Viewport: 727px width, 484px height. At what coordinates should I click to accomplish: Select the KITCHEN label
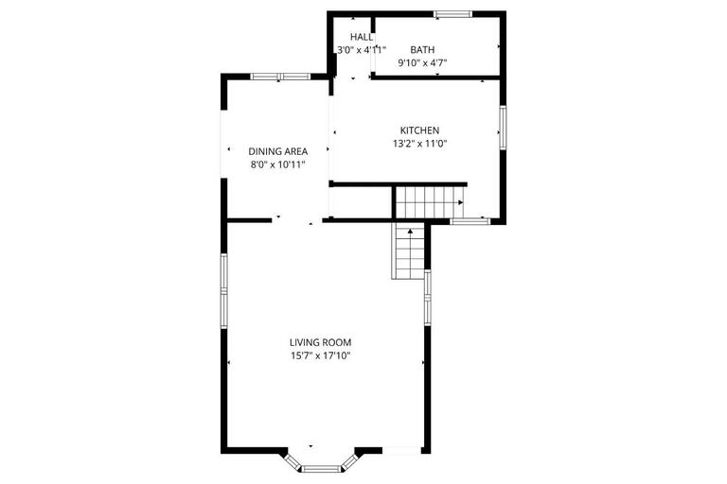418,130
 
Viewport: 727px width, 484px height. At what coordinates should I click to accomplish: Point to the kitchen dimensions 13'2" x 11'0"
418,145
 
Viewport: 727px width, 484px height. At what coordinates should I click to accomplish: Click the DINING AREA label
277,150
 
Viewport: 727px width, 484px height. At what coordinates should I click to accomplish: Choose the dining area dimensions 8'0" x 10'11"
277,164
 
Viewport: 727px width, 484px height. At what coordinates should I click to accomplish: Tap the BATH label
421,49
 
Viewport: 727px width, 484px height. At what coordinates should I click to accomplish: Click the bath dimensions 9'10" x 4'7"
421,63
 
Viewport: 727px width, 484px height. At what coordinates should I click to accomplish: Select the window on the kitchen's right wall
503,127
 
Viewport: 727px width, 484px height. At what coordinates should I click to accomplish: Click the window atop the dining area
279,76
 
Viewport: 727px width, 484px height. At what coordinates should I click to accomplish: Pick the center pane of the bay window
324,467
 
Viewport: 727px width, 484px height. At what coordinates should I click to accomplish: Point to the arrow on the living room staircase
409,231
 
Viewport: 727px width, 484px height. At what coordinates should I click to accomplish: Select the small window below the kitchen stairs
469,222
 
